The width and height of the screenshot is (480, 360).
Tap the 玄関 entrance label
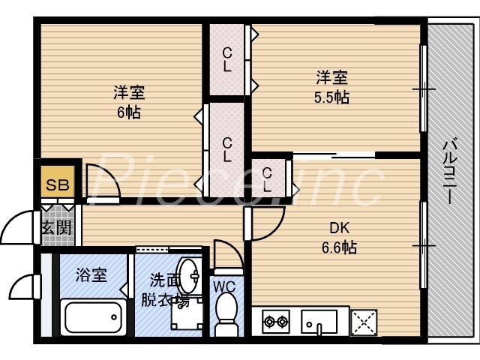coord(55,227)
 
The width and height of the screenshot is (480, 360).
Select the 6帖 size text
coord(128,113)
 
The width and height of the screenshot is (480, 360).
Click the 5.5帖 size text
coord(331,97)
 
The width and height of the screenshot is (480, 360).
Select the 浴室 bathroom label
coord(91,275)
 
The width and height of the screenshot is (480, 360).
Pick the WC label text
coord(224,286)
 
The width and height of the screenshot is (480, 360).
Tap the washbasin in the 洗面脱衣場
coord(187,277)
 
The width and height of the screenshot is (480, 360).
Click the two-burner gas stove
coord(275,322)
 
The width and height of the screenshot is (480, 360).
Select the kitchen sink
coord(319,323)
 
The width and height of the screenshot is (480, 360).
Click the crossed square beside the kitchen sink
coord(365,322)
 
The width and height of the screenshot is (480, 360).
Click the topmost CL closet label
coord(226,59)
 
